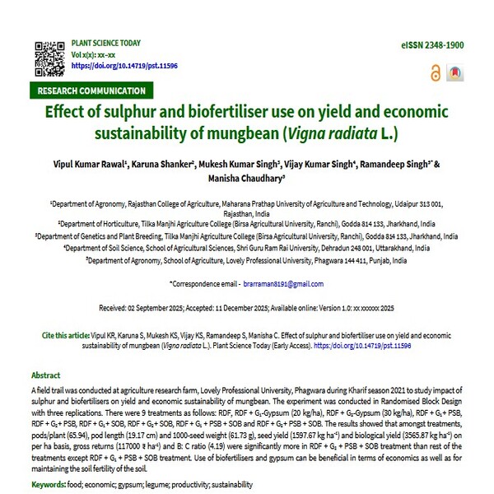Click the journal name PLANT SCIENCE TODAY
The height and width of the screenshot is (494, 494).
[x=106, y=43]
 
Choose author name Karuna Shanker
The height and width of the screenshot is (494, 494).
[x=163, y=165]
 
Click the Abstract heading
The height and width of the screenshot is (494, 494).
[x=46, y=375]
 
